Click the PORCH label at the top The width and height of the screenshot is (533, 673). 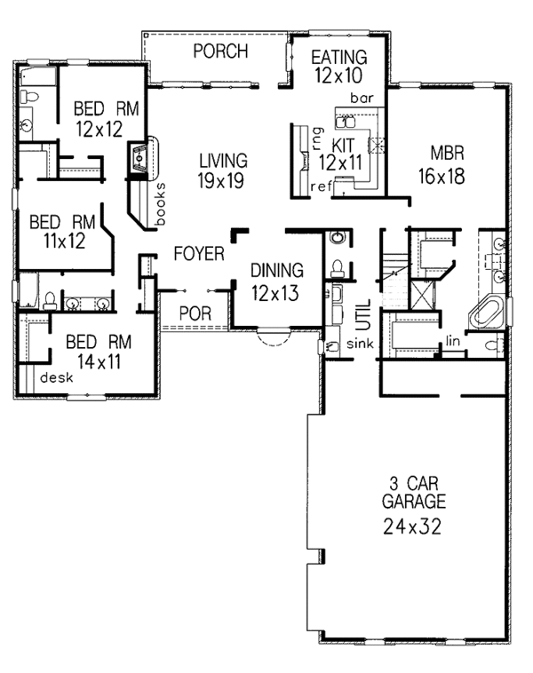(x=220, y=51)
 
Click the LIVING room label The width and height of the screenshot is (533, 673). (x=222, y=161)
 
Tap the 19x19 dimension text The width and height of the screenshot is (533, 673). (x=222, y=182)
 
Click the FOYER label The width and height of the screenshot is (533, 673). (x=198, y=254)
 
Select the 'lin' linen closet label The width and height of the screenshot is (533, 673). (x=454, y=338)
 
